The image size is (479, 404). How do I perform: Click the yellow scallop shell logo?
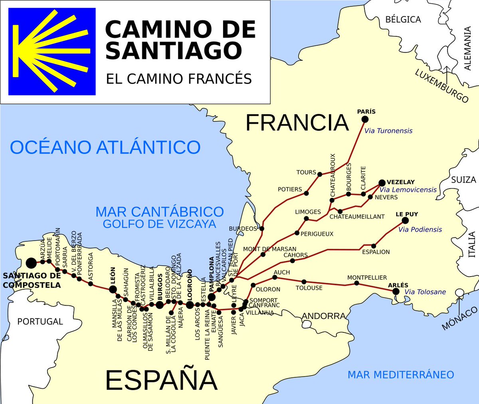52,52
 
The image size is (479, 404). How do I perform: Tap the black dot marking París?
365,119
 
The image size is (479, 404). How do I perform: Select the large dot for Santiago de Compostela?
31,263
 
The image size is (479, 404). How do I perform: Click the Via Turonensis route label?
388,131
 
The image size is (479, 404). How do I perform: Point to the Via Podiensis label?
420,229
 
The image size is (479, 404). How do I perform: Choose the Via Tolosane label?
425,292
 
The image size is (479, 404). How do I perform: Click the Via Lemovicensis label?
408,190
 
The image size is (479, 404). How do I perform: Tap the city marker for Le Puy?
405,221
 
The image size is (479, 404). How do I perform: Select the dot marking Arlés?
396,292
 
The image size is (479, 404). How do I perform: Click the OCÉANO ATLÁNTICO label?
105,147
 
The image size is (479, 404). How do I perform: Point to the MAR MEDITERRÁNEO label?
401,375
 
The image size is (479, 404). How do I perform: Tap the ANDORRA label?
324,316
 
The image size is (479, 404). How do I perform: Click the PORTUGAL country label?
40,322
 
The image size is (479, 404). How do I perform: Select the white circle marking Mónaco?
459,293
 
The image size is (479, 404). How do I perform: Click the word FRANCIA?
297,123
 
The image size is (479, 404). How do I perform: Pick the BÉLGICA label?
403,19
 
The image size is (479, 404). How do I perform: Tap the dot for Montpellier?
356,283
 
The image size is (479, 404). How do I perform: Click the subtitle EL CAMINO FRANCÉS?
179,79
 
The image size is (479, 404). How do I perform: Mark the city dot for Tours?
319,174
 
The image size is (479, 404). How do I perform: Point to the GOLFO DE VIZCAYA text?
159,224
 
